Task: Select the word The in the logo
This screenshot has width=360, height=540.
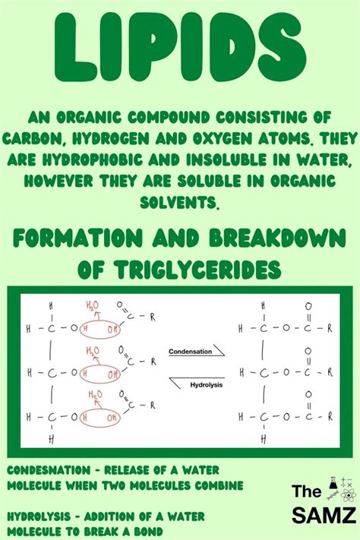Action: (308, 492)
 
